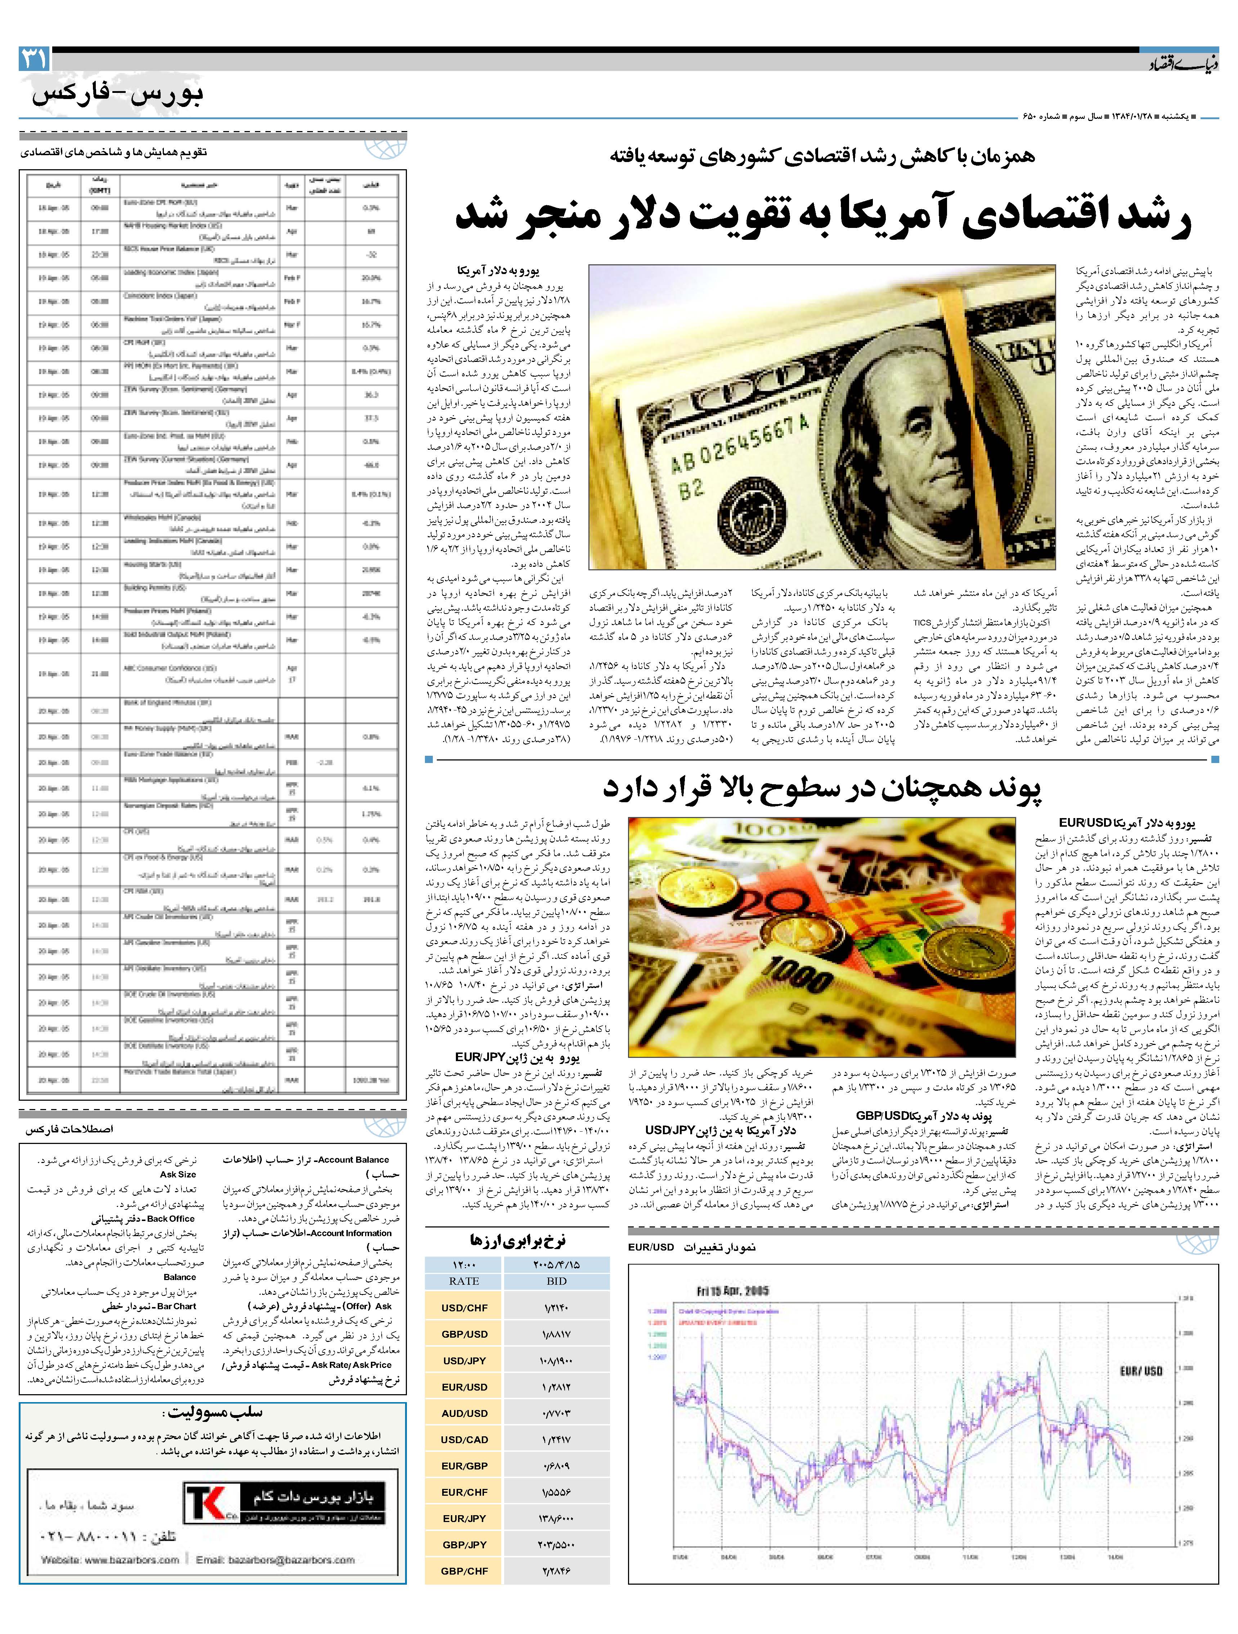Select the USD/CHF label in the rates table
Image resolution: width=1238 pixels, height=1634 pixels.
point(465,1307)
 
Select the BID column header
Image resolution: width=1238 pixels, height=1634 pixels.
point(556,1281)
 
